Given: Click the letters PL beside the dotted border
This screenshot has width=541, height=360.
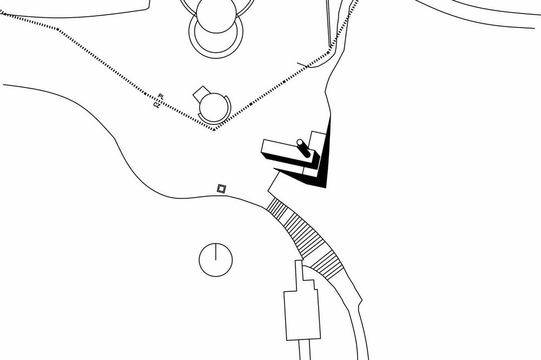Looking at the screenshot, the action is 161,97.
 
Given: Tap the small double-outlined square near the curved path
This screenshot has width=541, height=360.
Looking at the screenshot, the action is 221,188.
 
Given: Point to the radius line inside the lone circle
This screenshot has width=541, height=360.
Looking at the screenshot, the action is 216,251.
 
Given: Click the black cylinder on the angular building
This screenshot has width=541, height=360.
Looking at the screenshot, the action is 304,148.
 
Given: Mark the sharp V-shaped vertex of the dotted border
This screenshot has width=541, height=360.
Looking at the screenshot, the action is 214,130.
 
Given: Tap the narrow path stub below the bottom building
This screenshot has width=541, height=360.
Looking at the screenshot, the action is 305,350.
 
